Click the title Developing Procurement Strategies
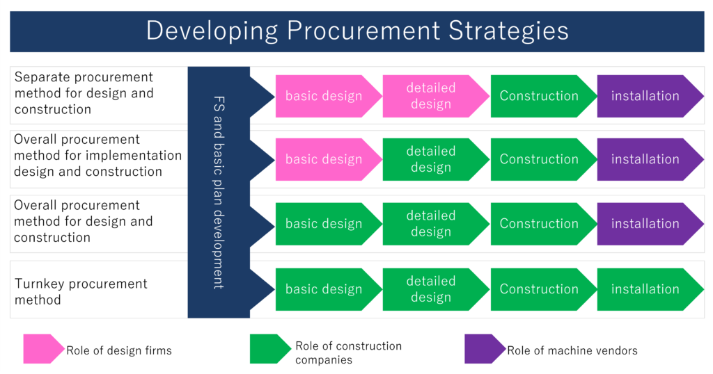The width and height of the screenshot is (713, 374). point(356,31)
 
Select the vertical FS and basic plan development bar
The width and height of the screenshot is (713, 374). point(218,193)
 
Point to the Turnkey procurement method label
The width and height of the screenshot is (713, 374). point(81,292)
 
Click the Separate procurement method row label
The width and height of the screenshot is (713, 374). point(84,93)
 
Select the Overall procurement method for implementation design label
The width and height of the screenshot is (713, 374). point(97,156)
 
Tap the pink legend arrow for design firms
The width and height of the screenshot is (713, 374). point(42,350)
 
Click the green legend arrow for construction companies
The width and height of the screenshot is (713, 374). point(269,350)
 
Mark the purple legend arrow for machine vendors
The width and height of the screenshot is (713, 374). point(484,350)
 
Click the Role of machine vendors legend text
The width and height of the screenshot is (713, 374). point(572,350)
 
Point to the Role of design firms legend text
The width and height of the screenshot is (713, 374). point(119,350)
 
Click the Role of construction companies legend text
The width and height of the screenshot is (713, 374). point(348,352)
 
